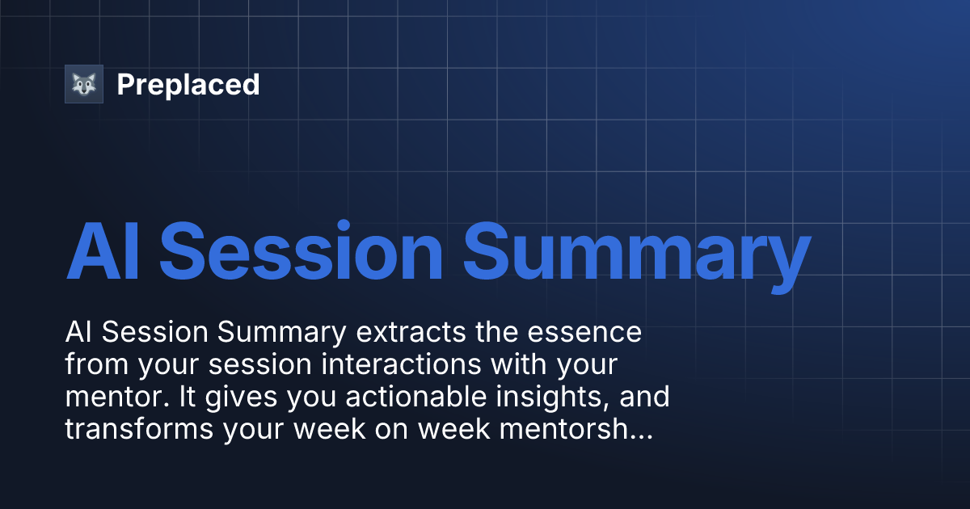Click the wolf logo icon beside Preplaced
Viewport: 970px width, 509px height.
pos(84,84)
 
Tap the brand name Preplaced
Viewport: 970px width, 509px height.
pos(188,85)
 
